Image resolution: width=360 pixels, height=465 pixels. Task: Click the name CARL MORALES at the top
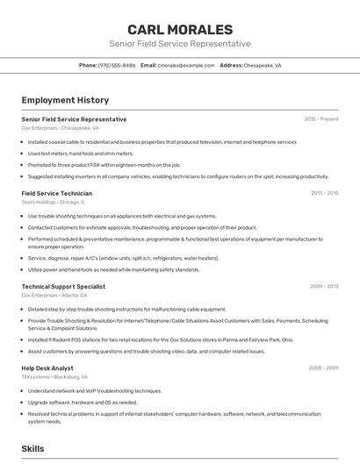[x=179, y=29]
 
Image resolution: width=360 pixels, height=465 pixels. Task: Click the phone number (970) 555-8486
[x=117, y=65]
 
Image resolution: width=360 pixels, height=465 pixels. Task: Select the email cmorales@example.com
[x=186, y=65]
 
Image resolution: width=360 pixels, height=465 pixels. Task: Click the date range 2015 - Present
[x=321, y=118]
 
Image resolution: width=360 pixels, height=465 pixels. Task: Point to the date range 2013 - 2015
[x=324, y=192]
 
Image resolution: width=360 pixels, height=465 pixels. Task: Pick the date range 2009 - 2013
[x=324, y=286]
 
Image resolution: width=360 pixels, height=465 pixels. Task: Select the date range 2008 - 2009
[x=324, y=368]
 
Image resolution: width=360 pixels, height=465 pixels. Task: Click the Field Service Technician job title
[x=56, y=192]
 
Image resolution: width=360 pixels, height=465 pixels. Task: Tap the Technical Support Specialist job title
[x=63, y=286]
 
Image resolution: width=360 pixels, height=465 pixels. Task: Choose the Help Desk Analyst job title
[x=47, y=368]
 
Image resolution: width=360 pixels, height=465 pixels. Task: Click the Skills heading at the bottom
[x=32, y=448]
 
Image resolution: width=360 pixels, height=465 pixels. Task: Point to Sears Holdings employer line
[x=56, y=202]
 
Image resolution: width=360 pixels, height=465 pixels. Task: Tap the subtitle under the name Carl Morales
[x=179, y=44]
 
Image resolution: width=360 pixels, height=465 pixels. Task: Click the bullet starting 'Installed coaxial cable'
[x=162, y=141]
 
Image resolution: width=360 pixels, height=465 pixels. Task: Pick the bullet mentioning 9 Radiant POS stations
[x=161, y=340]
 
